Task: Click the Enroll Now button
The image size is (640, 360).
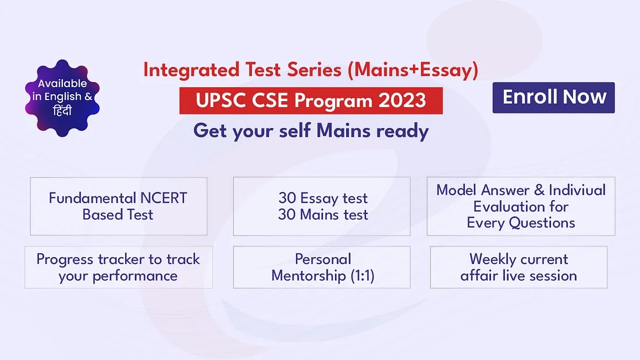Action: point(553,98)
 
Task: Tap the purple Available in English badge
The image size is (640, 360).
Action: point(62,98)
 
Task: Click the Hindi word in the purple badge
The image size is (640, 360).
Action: point(62,110)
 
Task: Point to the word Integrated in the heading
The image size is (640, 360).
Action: point(191,70)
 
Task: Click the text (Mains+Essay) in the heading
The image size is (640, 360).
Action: point(413,70)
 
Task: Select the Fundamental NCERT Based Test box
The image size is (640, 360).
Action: point(118,206)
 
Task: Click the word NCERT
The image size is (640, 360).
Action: point(163,198)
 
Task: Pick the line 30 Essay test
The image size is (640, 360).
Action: point(323,198)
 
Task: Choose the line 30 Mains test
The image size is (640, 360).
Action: point(323,215)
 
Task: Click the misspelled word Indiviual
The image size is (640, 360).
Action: point(577,190)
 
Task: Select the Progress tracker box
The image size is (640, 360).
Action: point(118,267)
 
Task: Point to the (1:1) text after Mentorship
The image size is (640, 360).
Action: point(362,276)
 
